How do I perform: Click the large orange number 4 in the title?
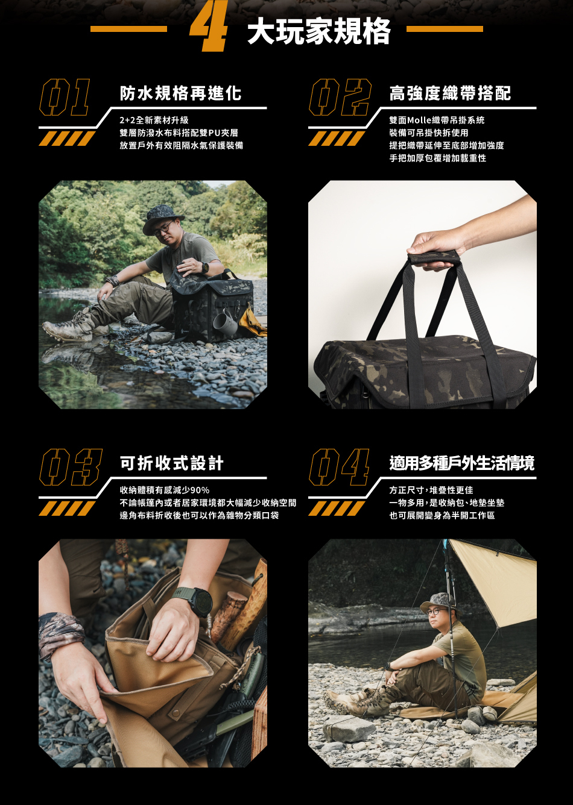[x=209, y=26]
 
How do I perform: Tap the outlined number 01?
[x=65, y=97]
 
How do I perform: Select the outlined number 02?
[x=340, y=97]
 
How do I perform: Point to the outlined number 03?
[x=71, y=467]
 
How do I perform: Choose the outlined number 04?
[x=339, y=467]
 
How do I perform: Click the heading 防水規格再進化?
[x=180, y=93]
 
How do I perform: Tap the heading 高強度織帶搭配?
[x=450, y=93]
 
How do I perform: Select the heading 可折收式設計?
[x=171, y=463]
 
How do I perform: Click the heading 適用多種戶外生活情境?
[x=462, y=463]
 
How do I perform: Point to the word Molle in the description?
[x=419, y=120]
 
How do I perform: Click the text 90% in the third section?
[x=200, y=490]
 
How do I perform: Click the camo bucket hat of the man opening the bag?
[x=163, y=219]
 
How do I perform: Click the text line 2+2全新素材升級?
[x=154, y=120]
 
